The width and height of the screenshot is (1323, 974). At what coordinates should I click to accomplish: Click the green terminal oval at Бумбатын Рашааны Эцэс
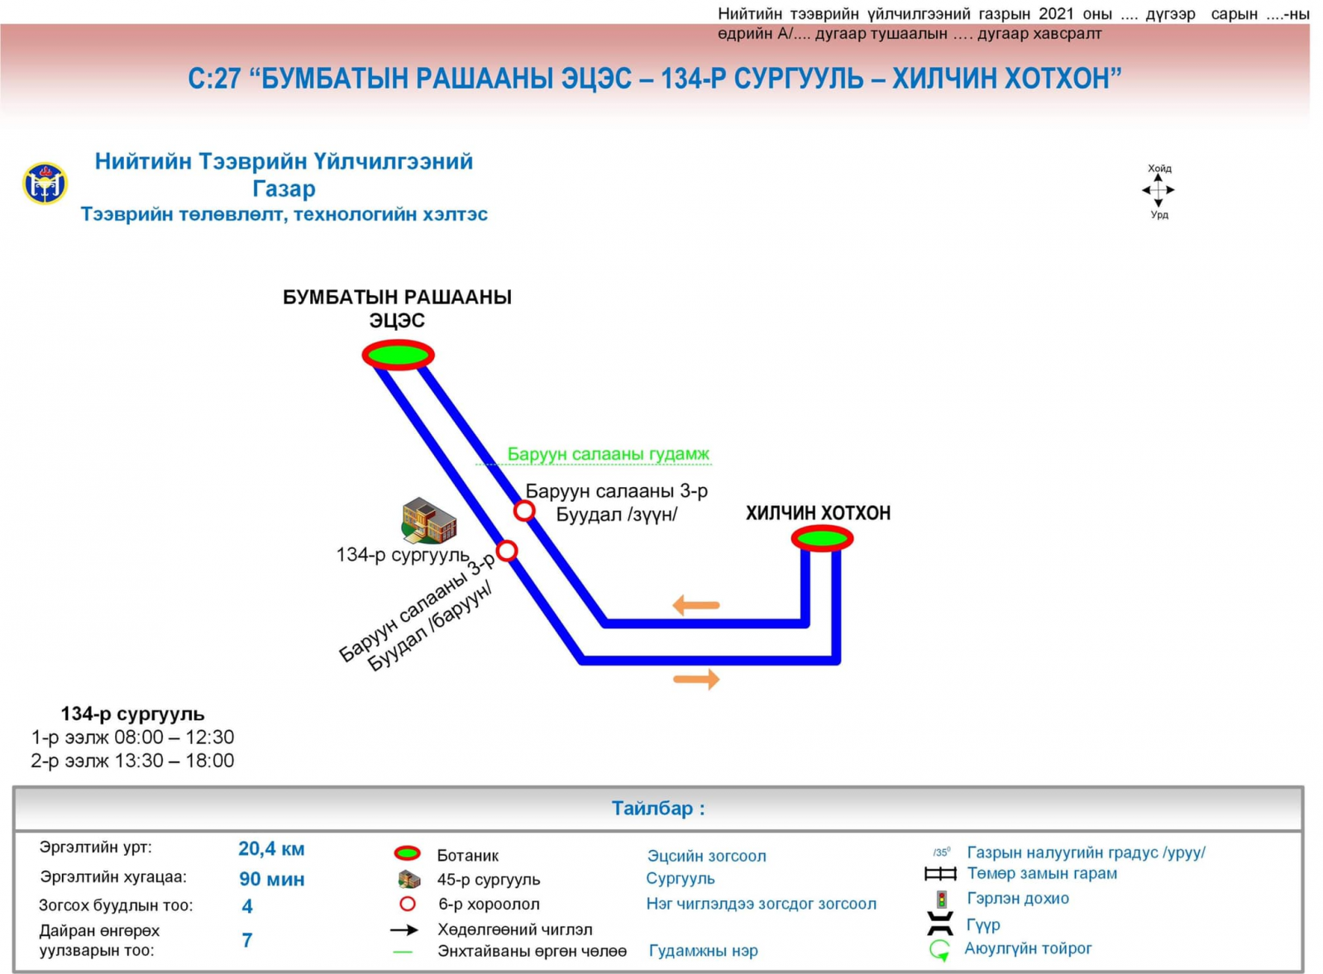(398, 355)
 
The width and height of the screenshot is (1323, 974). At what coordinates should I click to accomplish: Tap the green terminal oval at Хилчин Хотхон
(822, 539)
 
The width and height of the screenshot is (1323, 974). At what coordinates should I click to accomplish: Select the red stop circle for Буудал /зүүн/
(523, 511)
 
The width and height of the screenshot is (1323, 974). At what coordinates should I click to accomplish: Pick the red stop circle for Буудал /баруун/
(507, 551)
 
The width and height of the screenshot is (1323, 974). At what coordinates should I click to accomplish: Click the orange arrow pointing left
(695, 605)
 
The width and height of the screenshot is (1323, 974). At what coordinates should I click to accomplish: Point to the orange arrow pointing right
(696, 680)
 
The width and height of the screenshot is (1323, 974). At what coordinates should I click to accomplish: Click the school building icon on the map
(428, 520)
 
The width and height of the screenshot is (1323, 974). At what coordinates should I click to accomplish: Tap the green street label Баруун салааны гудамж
(608, 454)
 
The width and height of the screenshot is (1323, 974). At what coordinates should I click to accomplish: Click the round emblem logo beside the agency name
(45, 184)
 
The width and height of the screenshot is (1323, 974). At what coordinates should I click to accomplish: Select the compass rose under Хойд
(1158, 191)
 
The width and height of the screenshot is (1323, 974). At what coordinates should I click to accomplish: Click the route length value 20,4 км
(271, 848)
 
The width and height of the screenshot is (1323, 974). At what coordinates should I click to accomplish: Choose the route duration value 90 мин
(271, 879)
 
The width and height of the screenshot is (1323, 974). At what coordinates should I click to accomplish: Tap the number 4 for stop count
(247, 906)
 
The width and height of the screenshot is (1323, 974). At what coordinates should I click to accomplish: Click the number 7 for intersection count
(247, 940)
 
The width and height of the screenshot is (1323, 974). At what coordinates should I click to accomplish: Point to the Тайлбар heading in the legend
(658, 808)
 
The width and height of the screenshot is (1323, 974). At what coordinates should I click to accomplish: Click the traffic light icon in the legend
(941, 899)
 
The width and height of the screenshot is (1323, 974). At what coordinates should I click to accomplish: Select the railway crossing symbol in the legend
(940, 874)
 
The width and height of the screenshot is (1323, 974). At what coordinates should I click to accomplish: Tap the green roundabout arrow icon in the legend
(939, 950)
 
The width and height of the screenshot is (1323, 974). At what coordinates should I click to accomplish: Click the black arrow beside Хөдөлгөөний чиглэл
(404, 929)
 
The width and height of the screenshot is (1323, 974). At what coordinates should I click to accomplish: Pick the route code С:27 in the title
(214, 79)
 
